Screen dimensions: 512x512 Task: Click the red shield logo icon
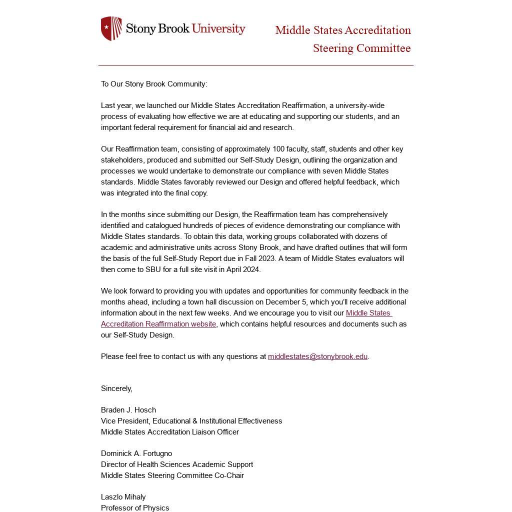coord(111,28)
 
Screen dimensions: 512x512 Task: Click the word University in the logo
coord(218,28)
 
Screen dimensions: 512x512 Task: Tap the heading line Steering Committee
coord(361,48)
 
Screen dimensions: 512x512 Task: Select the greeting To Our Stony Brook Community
coord(154,84)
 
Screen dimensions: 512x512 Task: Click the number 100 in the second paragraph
coord(278,149)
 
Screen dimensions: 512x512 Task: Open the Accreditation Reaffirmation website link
coord(158,324)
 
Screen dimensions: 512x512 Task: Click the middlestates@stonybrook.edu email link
coord(317,356)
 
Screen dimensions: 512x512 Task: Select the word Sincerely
coord(116,388)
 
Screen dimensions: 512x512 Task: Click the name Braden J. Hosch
coord(128,410)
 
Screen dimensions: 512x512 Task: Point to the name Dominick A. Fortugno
coord(136,453)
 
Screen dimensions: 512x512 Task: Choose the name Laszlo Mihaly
coord(123,497)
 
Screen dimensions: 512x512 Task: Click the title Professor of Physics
coord(135,508)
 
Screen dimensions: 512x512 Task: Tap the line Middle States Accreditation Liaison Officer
coord(170,432)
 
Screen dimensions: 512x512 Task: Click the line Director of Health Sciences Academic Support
coord(177,464)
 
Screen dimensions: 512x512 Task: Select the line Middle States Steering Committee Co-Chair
coord(172,475)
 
